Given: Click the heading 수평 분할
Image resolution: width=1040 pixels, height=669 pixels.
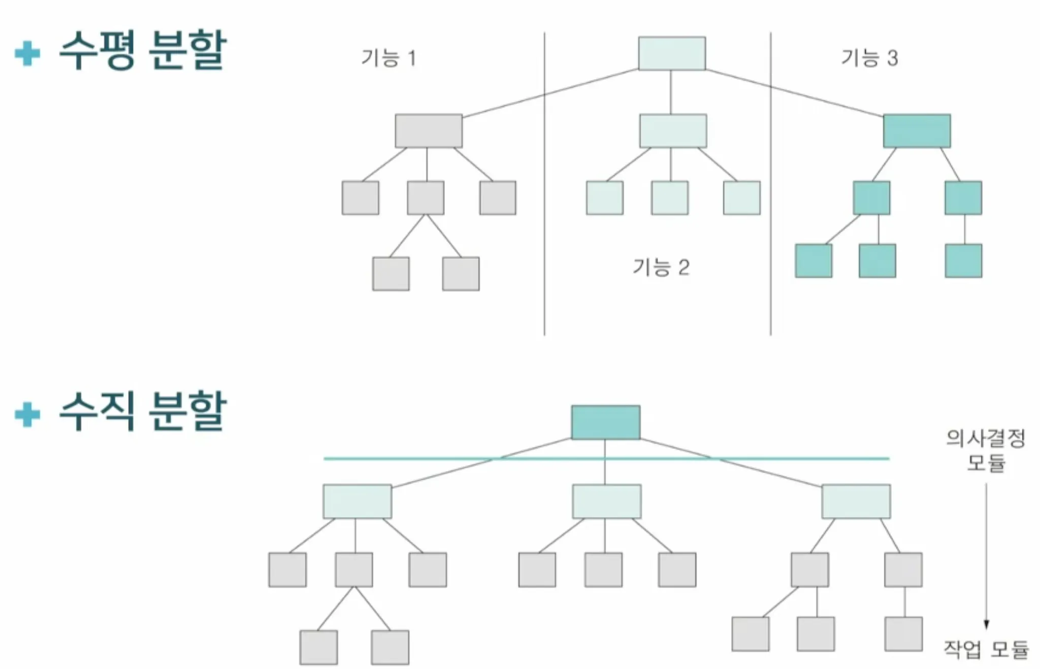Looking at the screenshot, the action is pos(142,51).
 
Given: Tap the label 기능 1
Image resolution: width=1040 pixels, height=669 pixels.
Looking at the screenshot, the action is pos(388,58).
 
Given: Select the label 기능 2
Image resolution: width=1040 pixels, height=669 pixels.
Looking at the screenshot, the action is pos(661,267).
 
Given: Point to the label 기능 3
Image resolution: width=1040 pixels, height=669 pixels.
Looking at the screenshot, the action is pos(869,58).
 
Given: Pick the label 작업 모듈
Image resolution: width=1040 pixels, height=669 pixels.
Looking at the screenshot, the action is pos(986,649).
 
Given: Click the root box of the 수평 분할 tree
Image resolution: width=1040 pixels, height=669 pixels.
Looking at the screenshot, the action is pos(671,53).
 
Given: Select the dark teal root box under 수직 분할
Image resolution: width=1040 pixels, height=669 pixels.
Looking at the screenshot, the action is pos(605,422).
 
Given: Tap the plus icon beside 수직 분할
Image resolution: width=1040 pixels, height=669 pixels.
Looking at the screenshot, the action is pos(27,415).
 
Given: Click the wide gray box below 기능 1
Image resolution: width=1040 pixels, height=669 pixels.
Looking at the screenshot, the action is pos(429,131).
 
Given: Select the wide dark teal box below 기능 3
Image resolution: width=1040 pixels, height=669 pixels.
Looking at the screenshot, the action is pos(917,131).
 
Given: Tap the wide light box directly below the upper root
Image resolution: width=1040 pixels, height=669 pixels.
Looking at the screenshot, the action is pos(673,131).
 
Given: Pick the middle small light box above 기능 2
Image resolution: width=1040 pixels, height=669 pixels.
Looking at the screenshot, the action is pos(670,198).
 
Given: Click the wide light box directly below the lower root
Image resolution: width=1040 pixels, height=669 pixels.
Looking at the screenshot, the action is pos(606,501).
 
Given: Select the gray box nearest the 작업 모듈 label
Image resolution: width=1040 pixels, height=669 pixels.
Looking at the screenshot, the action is pos(903,634).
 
